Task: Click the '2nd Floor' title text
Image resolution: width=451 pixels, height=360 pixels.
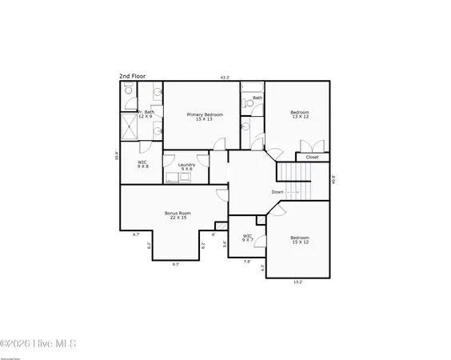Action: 133,77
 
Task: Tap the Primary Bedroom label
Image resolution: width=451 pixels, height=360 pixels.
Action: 205,117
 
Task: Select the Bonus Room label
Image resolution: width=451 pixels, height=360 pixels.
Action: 176,215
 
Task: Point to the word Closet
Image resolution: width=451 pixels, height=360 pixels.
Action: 312,157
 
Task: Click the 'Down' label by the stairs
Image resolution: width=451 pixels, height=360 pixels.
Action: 277,192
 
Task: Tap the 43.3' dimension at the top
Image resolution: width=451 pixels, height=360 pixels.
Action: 225,78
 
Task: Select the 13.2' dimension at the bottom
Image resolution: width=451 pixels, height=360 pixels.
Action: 297,282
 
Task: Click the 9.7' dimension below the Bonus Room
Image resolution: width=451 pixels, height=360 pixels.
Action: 175,264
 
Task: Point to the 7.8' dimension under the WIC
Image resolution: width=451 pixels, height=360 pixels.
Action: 246,261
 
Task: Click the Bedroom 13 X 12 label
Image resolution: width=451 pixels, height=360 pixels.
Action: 300,114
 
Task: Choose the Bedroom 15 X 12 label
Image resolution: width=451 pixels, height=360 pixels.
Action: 300,239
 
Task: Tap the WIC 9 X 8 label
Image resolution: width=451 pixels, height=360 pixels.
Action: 142,164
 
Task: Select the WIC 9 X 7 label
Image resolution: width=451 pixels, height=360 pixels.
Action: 248,238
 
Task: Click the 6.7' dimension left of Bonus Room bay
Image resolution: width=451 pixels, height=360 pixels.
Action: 136,234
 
